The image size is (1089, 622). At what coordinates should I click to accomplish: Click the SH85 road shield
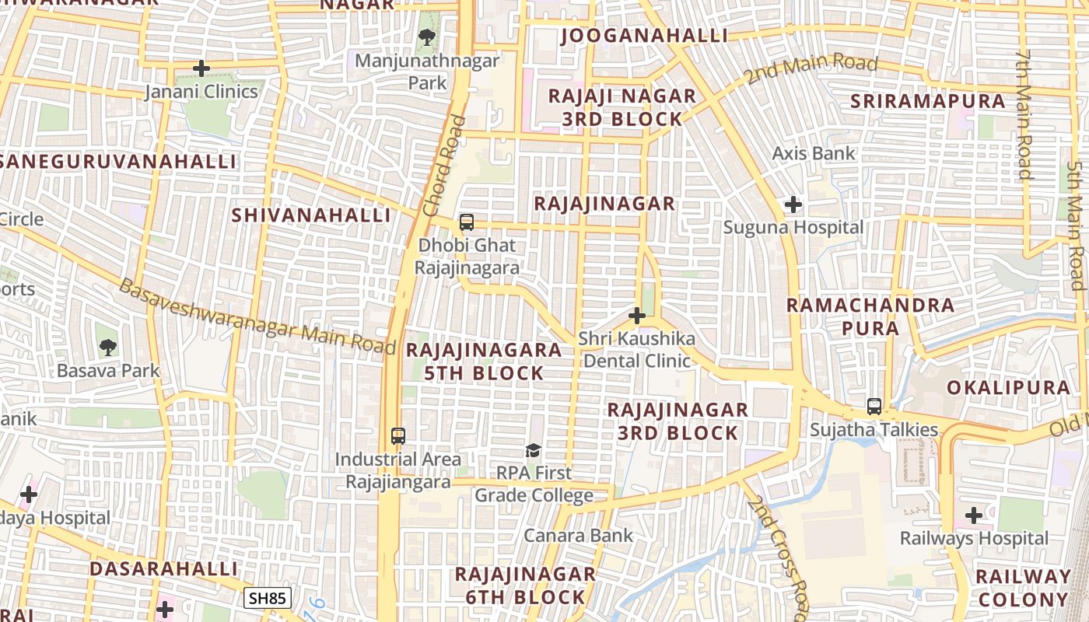pyautogui.click(x=268, y=598)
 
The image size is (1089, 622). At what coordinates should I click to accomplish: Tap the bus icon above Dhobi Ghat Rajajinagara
pyautogui.click(x=467, y=222)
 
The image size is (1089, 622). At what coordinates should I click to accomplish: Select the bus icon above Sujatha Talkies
pyautogui.click(x=874, y=407)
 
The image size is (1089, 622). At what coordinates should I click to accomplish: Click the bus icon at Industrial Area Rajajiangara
pyautogui.click(x=398, y=436)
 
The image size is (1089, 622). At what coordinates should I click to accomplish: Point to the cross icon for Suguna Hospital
pyautogui.click(x=793, y=205)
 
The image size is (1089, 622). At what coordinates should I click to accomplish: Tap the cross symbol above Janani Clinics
pyautogui.click(x=201, y=68)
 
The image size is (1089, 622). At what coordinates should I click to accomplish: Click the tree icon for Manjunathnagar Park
pyautogui.click(x=426, y=37)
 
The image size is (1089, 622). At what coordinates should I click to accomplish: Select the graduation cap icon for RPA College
pyautogui.click(x=533, y=450)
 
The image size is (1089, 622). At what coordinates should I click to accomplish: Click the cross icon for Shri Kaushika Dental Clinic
pyautogui.click(x=637, y=316)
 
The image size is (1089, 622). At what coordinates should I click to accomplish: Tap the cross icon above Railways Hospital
pyautogui.click(x=974, y=515)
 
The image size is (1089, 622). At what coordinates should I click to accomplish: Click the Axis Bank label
pyautogui.click(x=814, y=153)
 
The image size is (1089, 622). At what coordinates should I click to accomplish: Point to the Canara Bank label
pyautogui.click(x=579, y=536)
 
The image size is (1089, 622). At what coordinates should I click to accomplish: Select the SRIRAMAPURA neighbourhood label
pyautogui.click(x=928, y=101)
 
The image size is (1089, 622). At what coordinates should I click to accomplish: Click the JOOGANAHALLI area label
pyautogui.click(x=644, y=36)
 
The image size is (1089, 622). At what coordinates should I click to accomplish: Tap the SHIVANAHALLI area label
pyautogui.click(x=311, y=215)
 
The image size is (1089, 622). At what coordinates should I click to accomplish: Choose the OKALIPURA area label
pyautogui.click(x=1008, y=387)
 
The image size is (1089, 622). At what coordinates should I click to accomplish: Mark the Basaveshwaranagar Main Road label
pyautogui.click(x=257, y=318)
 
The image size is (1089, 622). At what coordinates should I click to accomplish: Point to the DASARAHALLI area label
pyautogui.click(x=163, y=568)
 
